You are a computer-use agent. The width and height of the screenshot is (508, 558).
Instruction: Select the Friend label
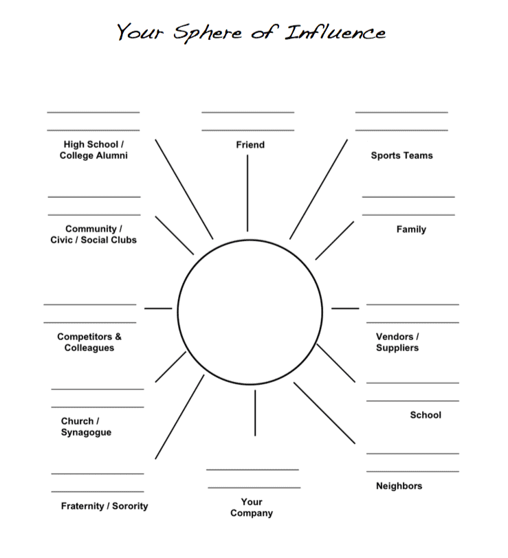coord(250,145)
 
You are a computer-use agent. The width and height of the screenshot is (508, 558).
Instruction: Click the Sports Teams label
coord(401,156)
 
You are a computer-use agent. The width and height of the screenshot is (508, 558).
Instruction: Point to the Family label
coord(411,230)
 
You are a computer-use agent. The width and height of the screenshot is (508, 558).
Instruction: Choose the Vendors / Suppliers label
coord(397,342)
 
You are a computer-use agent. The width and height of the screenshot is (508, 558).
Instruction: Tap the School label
coord(426,415)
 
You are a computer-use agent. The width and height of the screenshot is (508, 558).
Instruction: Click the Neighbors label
coord(399,487)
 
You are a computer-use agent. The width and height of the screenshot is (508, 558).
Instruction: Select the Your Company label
coord(252,508)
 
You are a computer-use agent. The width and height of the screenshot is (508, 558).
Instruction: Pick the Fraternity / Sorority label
coord(104,506)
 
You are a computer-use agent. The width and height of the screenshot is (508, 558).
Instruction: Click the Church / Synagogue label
coord(86,427)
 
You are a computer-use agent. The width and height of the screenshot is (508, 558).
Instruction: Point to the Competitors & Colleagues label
coord(89,342)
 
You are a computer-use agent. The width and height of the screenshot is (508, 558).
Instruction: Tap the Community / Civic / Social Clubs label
coord(93,234)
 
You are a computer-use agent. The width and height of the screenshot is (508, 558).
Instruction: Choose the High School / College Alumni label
coord(93,150)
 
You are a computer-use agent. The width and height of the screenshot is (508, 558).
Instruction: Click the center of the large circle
coord(250,311)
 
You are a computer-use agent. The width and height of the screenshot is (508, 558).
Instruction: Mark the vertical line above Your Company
coord(255,412)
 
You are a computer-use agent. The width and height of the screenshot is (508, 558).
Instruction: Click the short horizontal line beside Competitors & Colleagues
coord(158,308)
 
